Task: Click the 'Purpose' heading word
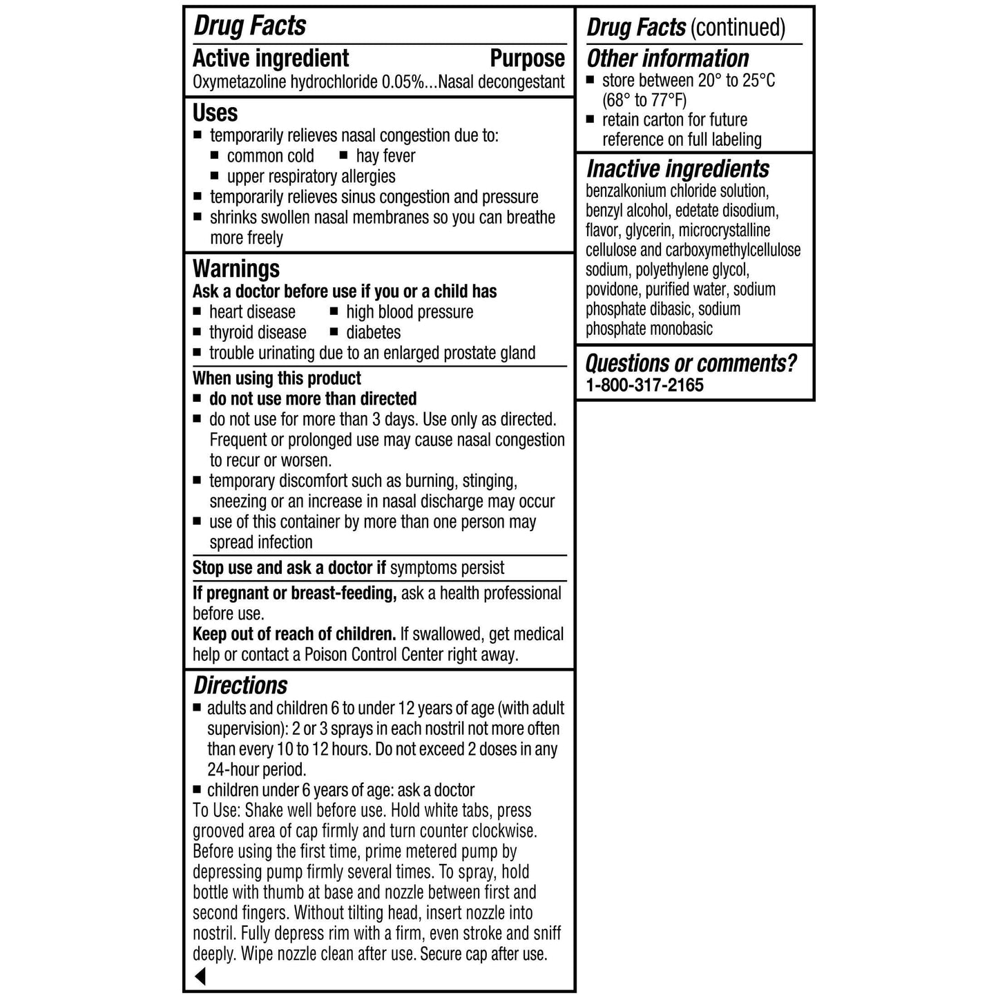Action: [x=527, y=59]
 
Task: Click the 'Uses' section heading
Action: [x=215, y=113]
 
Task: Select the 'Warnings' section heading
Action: [x=236, y=269]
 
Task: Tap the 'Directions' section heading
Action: [x=240, y=685]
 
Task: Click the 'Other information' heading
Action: [x=667, y=59]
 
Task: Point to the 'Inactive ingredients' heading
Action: [x=677, y=169]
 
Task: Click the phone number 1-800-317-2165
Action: [x=644, y=385]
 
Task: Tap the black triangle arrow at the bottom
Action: [x=200, y=976]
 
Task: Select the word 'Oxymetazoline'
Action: [x=239, y=82]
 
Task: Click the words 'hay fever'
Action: [x=385, y=156]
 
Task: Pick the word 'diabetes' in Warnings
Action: [x=373, y=332]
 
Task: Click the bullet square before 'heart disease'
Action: [x=197, y=311]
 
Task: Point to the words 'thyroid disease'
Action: [x=258, y=332]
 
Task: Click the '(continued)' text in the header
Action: [x=738, y=28]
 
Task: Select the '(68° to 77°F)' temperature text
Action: [x=644, y=100]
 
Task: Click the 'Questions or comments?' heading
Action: [x=691, y=363]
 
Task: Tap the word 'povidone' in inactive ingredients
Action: [x=613, y=289]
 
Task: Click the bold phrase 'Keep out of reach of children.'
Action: [x=294, y=634]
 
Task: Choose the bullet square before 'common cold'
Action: [x=215, y=156]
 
